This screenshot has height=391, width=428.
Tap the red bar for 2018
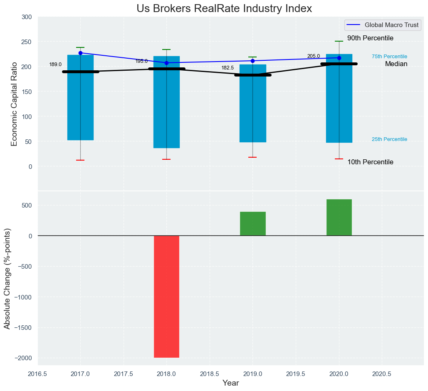tap(166, 297)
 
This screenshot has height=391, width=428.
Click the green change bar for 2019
tap(252, 224)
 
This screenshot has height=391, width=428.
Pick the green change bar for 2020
tap(339, 218)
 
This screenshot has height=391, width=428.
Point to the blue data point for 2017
tap(80, 53)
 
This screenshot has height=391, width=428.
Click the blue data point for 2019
tap(253, 61)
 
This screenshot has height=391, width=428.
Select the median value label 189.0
tap(55, 64)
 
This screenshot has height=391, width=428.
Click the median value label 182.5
tap(228, 68)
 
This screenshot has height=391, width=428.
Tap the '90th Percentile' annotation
tap(370, 38)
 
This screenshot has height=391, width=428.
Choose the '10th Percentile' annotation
tap(370, 162)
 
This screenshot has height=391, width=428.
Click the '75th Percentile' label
tap(389, 57)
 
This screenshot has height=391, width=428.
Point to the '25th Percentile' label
tap(389, 139)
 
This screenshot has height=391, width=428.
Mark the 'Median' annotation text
tap(396, 64)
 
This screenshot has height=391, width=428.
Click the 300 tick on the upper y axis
tap(27, 17)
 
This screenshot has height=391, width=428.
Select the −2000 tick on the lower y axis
tap(24, 358)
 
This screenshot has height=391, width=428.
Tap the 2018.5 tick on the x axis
tap(210, 374)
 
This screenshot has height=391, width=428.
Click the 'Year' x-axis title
tap(230, 383)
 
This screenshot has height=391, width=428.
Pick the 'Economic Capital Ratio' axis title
tap(14, 104)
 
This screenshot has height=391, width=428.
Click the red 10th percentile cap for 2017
tap(80, 160)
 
